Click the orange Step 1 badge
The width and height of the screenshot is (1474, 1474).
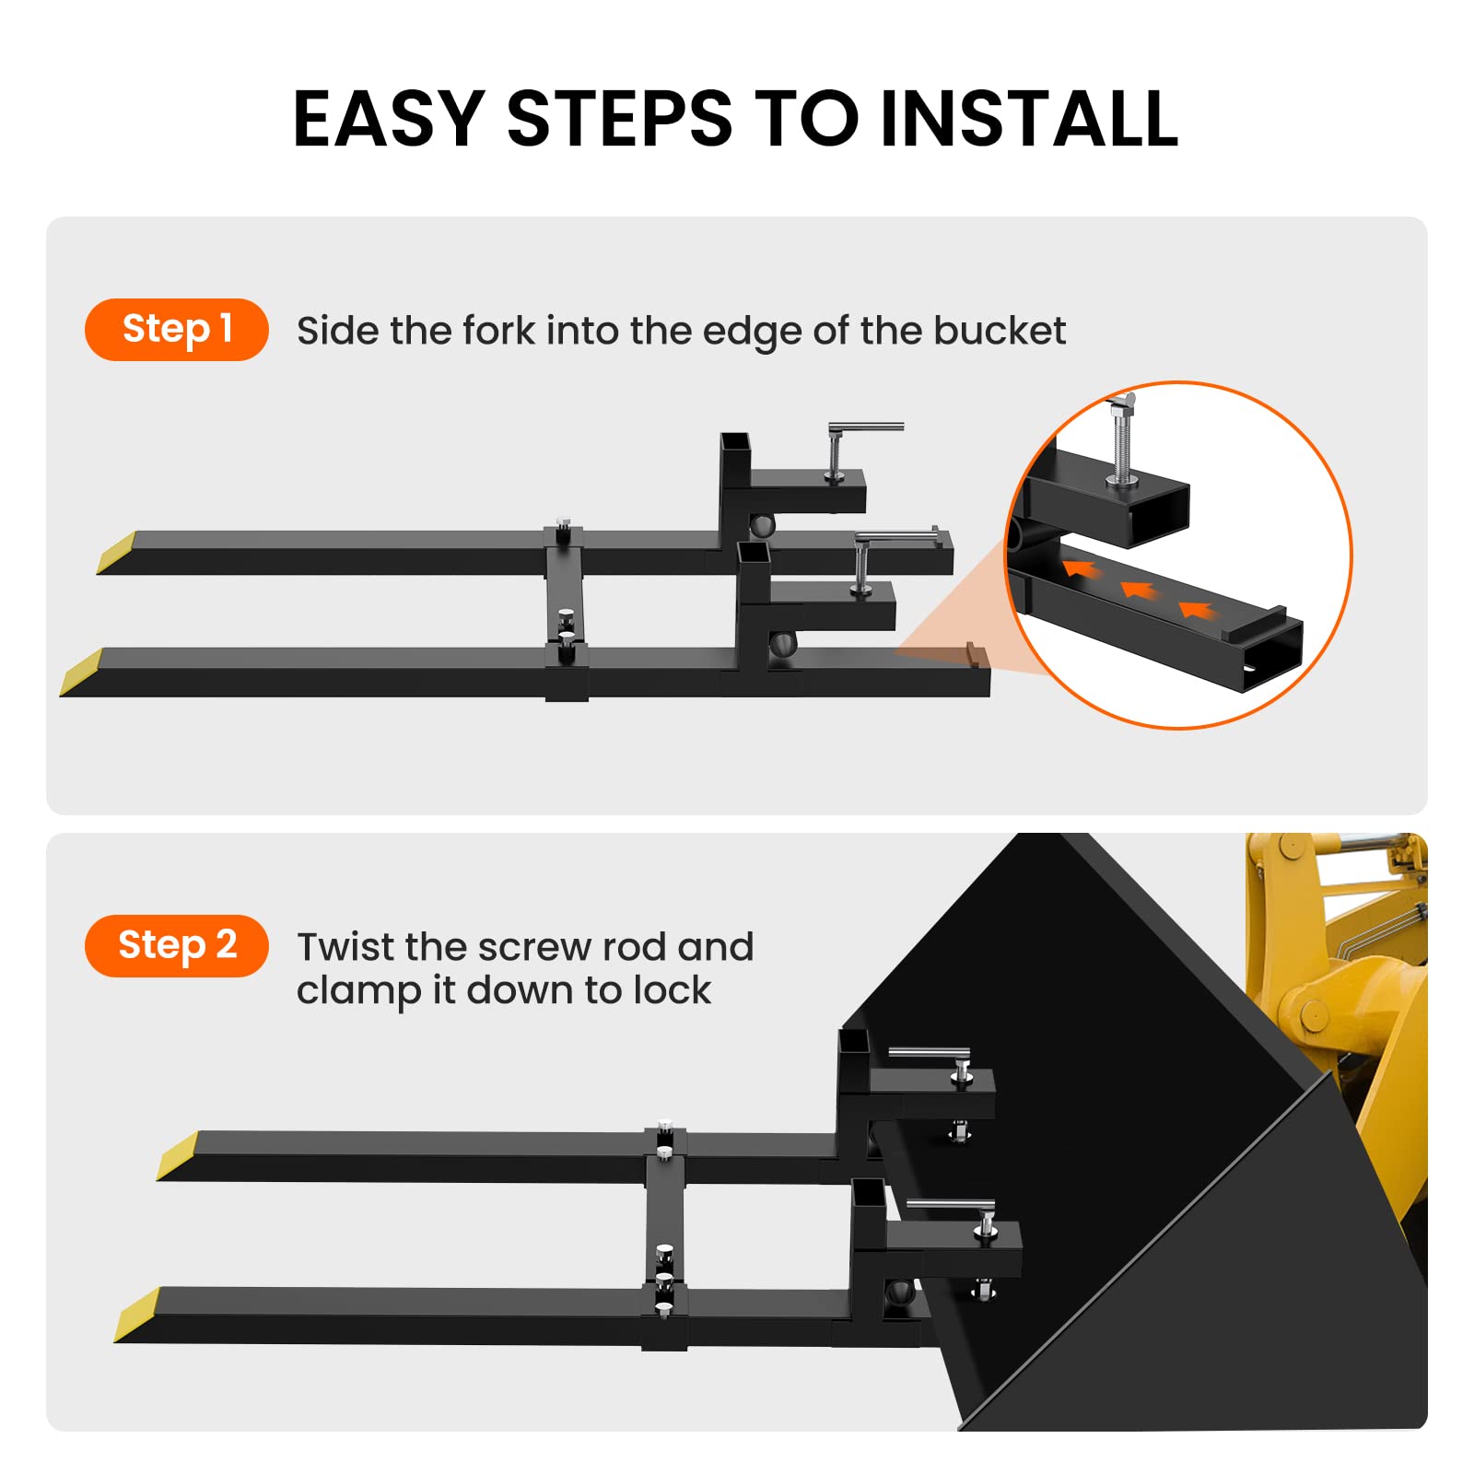point(177,329)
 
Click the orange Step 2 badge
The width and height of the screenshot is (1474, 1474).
point(177,945)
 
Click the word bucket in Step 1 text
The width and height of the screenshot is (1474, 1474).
point(1000,330)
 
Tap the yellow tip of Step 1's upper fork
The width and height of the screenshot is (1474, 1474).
point(117,553)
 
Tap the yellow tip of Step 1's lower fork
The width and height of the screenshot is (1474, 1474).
point(81,672)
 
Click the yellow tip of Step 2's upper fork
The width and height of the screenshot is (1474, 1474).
point(177,1155)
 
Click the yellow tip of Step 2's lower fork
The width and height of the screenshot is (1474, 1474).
point(136,1315)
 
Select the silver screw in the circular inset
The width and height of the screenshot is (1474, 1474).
point(1123,439)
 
